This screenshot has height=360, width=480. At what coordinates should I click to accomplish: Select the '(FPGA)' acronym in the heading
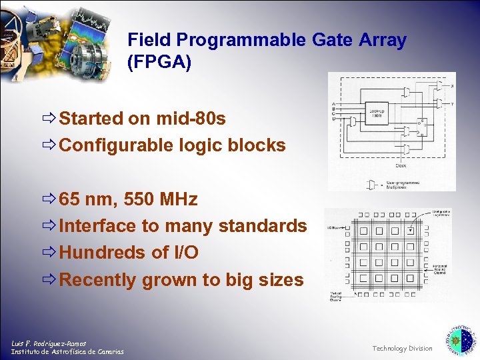(159, 63)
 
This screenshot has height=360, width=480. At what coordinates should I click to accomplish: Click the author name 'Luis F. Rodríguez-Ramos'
(48, 343)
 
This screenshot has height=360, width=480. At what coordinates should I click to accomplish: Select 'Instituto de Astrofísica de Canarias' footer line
(67, 352)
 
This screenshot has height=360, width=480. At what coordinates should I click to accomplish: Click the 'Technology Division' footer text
(402, 349)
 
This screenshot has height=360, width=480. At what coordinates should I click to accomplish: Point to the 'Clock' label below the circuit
(401, 165)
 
